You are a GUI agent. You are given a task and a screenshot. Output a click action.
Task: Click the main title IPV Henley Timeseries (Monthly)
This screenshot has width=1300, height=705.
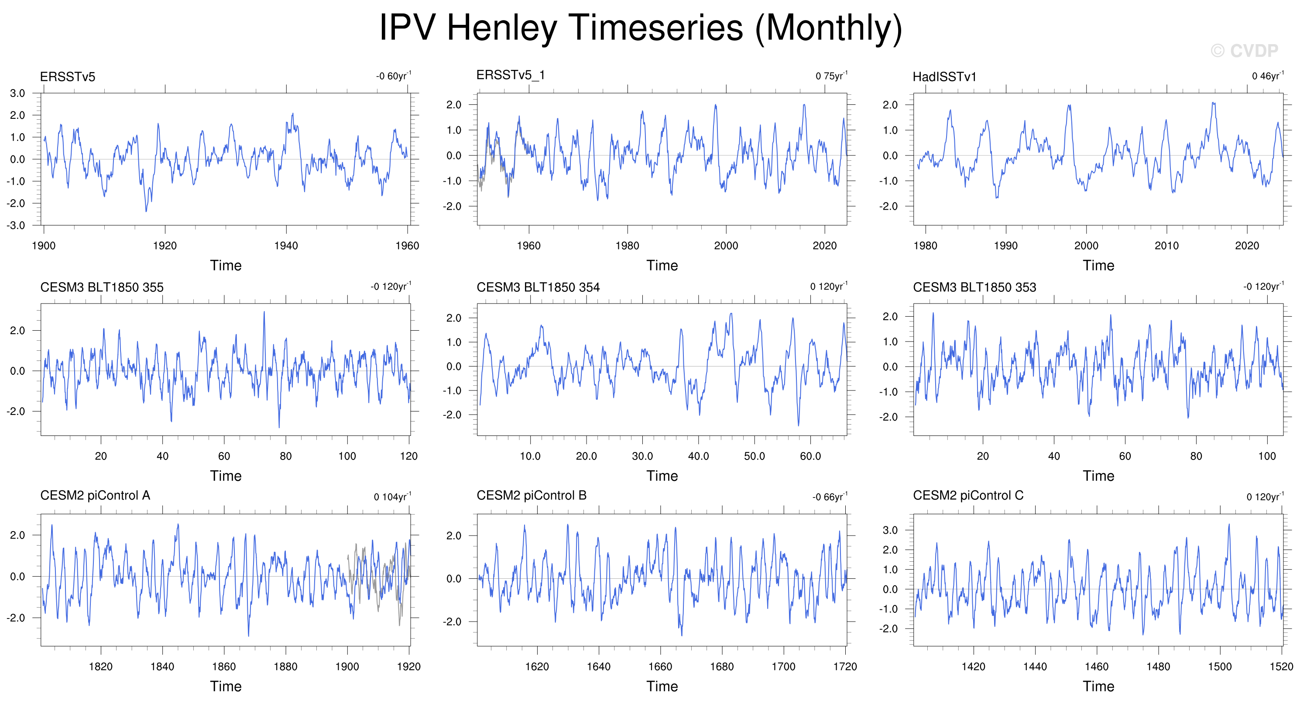pos(641,28)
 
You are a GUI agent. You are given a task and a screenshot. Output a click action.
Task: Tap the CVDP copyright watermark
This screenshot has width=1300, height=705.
pos(1245,51)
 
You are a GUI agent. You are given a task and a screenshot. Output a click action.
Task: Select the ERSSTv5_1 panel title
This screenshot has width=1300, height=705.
pos(511,75)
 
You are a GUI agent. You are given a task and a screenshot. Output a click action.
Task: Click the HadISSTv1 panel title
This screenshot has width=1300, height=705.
pos(945,77)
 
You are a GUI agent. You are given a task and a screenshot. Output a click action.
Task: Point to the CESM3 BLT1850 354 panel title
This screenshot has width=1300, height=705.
pos(538,287)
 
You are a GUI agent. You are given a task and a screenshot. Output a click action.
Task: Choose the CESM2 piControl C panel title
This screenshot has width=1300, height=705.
pos(968,495)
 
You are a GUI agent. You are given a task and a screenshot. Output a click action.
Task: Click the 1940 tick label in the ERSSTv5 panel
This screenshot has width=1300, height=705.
pos(286,246)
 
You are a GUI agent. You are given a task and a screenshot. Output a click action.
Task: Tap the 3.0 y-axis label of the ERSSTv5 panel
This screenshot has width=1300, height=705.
pos(17,93)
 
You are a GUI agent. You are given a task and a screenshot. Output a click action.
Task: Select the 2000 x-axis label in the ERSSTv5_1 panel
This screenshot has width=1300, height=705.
pos(726,246)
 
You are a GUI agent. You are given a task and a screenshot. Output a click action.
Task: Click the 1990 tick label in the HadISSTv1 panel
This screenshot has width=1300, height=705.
pos(1006,246)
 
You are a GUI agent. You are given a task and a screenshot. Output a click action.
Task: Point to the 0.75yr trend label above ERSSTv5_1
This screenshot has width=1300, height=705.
pos(832,76)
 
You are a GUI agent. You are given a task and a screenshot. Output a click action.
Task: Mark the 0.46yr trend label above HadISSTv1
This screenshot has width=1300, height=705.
pos(1268,76)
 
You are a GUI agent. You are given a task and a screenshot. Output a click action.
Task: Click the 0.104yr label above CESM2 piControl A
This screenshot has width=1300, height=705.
pos(393,497)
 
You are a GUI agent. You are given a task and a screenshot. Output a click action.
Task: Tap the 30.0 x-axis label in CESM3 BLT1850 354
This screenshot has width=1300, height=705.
pos(642,456)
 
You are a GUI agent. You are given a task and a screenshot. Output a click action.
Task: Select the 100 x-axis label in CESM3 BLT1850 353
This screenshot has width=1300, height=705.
pos(1267,456)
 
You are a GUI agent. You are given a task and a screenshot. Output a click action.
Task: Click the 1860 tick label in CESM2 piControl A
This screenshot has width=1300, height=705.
pos(224,667)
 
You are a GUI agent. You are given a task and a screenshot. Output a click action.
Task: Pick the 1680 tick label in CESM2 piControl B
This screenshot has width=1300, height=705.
pos(722,667)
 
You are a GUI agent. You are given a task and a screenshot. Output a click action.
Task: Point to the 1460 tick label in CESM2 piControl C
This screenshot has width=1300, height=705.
pos(1097,667)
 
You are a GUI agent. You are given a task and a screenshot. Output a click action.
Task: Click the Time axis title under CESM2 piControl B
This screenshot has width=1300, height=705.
pos(662,686)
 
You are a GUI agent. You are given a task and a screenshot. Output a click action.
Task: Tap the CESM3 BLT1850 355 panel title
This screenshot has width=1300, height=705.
pos(102,287)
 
